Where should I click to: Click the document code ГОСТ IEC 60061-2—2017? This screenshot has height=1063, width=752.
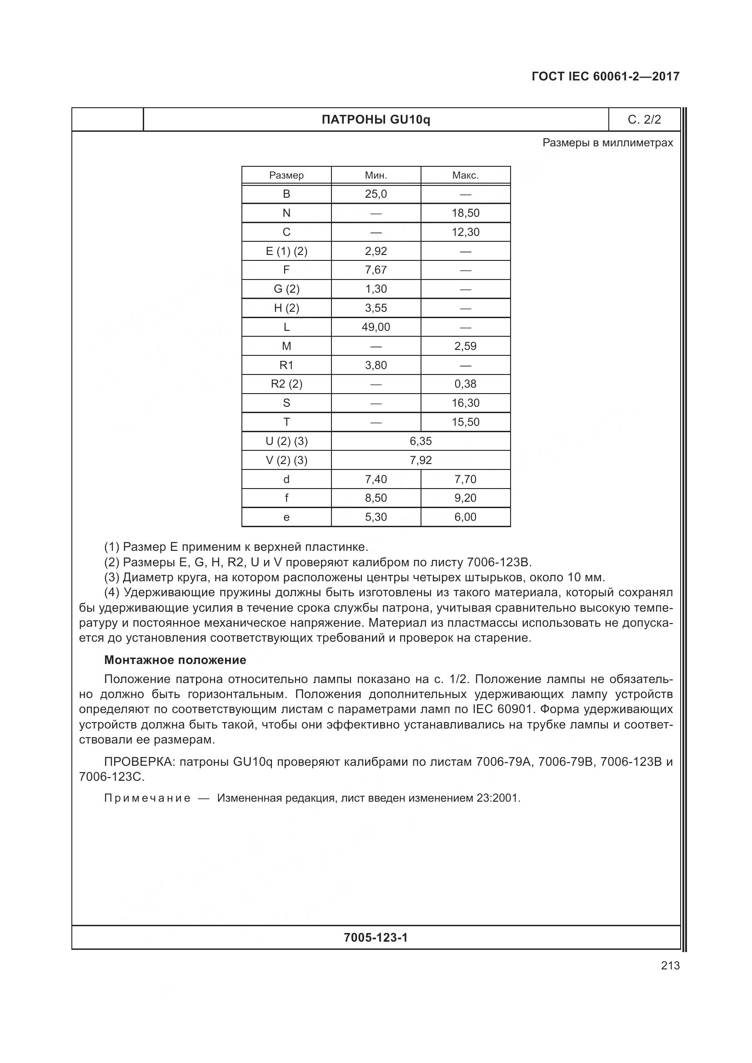[x=605, y=76]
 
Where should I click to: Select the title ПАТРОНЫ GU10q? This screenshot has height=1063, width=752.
[x=376, y=120]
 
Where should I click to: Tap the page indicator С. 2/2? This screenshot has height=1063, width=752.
[x=644, y=120]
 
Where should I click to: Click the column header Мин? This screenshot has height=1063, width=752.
[x=376, y=175]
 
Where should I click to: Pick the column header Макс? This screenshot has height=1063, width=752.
[x=466, y=175]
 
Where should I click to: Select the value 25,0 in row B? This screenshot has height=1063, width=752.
[x=376, y=194]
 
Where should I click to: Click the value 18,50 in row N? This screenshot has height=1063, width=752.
[x=466, y=213]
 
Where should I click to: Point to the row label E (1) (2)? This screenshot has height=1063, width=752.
[x=286, y=251]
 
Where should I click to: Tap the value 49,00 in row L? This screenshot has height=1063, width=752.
[x=376, y=327]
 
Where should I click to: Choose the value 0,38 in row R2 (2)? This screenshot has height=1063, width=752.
[x=466, y=384]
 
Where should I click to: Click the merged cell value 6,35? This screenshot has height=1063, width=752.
[x=421, y=441]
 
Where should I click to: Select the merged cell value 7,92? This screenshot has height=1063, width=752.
[x=421, y=460]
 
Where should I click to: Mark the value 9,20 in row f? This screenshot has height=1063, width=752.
[x=466, y=498]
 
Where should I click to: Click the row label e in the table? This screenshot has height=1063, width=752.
[x=286, y=517]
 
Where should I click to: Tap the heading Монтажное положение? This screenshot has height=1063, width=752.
[x=175, y=660]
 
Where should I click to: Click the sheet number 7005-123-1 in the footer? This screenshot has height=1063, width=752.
[x=376, y=938]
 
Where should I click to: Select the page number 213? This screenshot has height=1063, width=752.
[x=670, y=965]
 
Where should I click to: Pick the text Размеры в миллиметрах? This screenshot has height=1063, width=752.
[x=607, y=143]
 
